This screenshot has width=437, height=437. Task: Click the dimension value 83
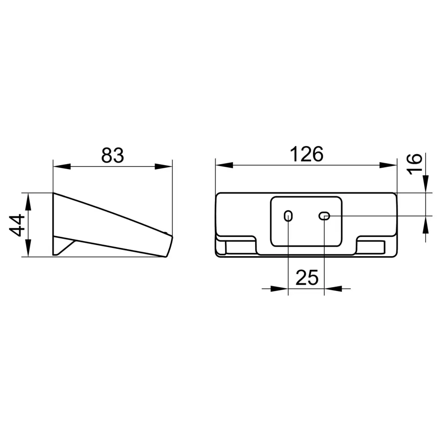[x=112, y=155]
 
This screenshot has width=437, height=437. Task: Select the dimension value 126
[x=306, y=154]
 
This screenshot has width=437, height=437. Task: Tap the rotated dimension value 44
[x=17, y=225]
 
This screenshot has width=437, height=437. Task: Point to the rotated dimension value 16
[x=415, y=164]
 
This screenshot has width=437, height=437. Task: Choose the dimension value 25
[x=307, y=277]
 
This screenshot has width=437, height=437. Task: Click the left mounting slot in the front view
[x=288, y=216]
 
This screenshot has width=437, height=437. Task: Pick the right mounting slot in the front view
[x=324, y=216]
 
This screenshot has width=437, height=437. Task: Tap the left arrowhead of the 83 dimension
[x=62, y=166]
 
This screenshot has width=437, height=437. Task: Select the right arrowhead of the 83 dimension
[x=163, y=166]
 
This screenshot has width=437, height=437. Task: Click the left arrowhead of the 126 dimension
[x=224, y=165]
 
